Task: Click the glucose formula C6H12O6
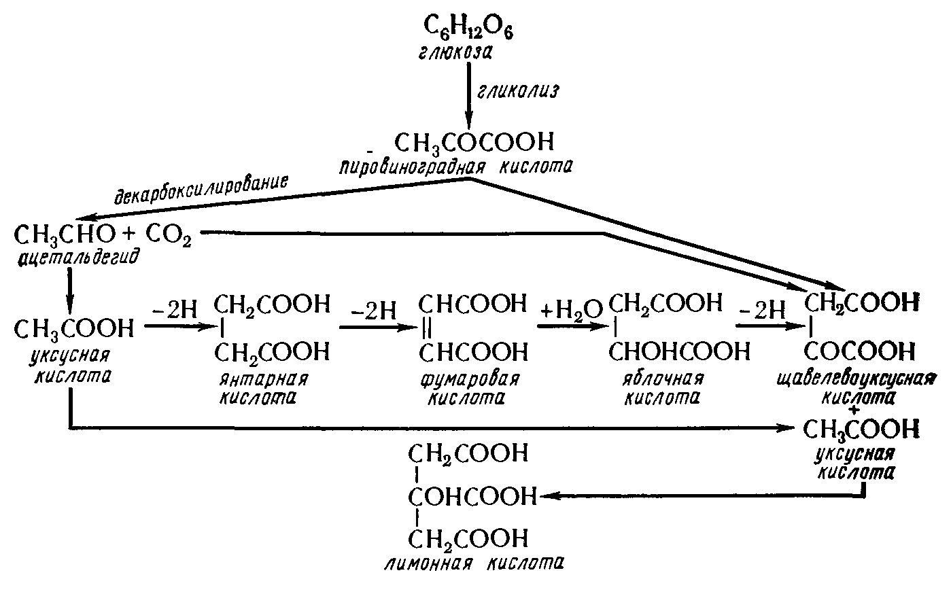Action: tap(468, 27)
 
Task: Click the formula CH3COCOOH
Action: tap(474, 142)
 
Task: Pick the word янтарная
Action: tap(263, 379)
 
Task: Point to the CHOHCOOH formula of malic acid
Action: tap(679, 351)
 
